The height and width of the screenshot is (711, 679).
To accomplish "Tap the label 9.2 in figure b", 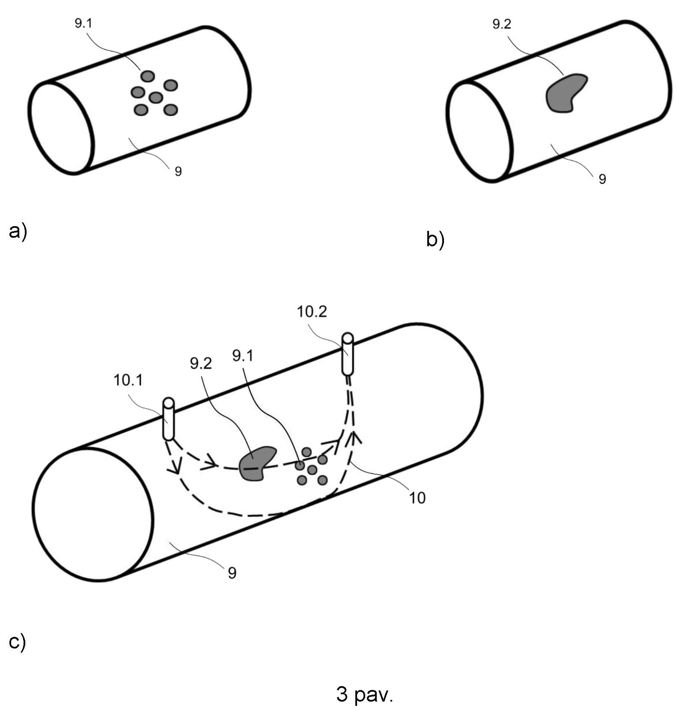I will coord(501,24).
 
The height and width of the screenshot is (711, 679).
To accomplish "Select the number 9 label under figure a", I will coord(178,171).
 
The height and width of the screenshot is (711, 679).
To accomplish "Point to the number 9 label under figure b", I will coord(602,179).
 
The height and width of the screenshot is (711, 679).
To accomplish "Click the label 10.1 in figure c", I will coord(128,380).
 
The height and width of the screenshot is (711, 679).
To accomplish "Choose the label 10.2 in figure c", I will coord(312,312).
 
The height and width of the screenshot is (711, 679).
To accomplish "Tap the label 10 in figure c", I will coord(417,498).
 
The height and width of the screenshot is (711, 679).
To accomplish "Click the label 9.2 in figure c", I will coord(201,364).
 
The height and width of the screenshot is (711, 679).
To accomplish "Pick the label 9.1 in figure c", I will coord(243,355).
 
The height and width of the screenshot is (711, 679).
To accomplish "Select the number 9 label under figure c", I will coord(232,573).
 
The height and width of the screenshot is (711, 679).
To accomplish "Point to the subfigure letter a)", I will coord(18,232).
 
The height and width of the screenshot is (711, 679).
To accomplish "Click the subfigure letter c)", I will coord(17,642).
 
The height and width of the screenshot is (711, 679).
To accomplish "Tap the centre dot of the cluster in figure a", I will coord(155,98).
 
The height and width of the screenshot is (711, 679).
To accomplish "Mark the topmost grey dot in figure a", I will coord(148,76).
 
